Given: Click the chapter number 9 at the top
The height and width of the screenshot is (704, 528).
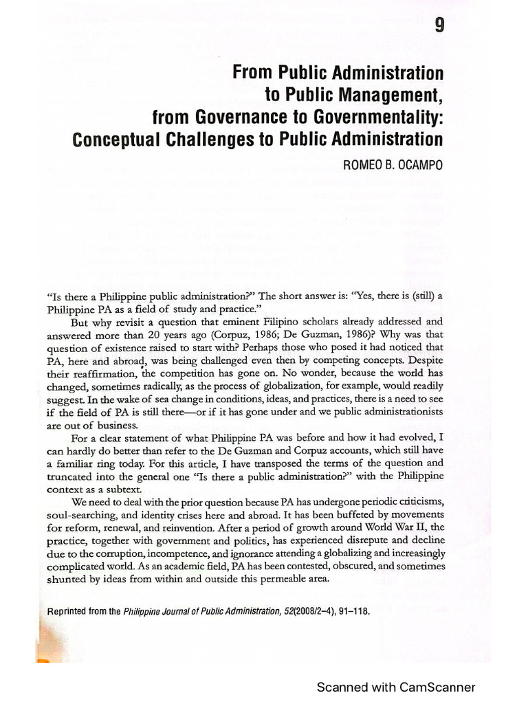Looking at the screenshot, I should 439,27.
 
